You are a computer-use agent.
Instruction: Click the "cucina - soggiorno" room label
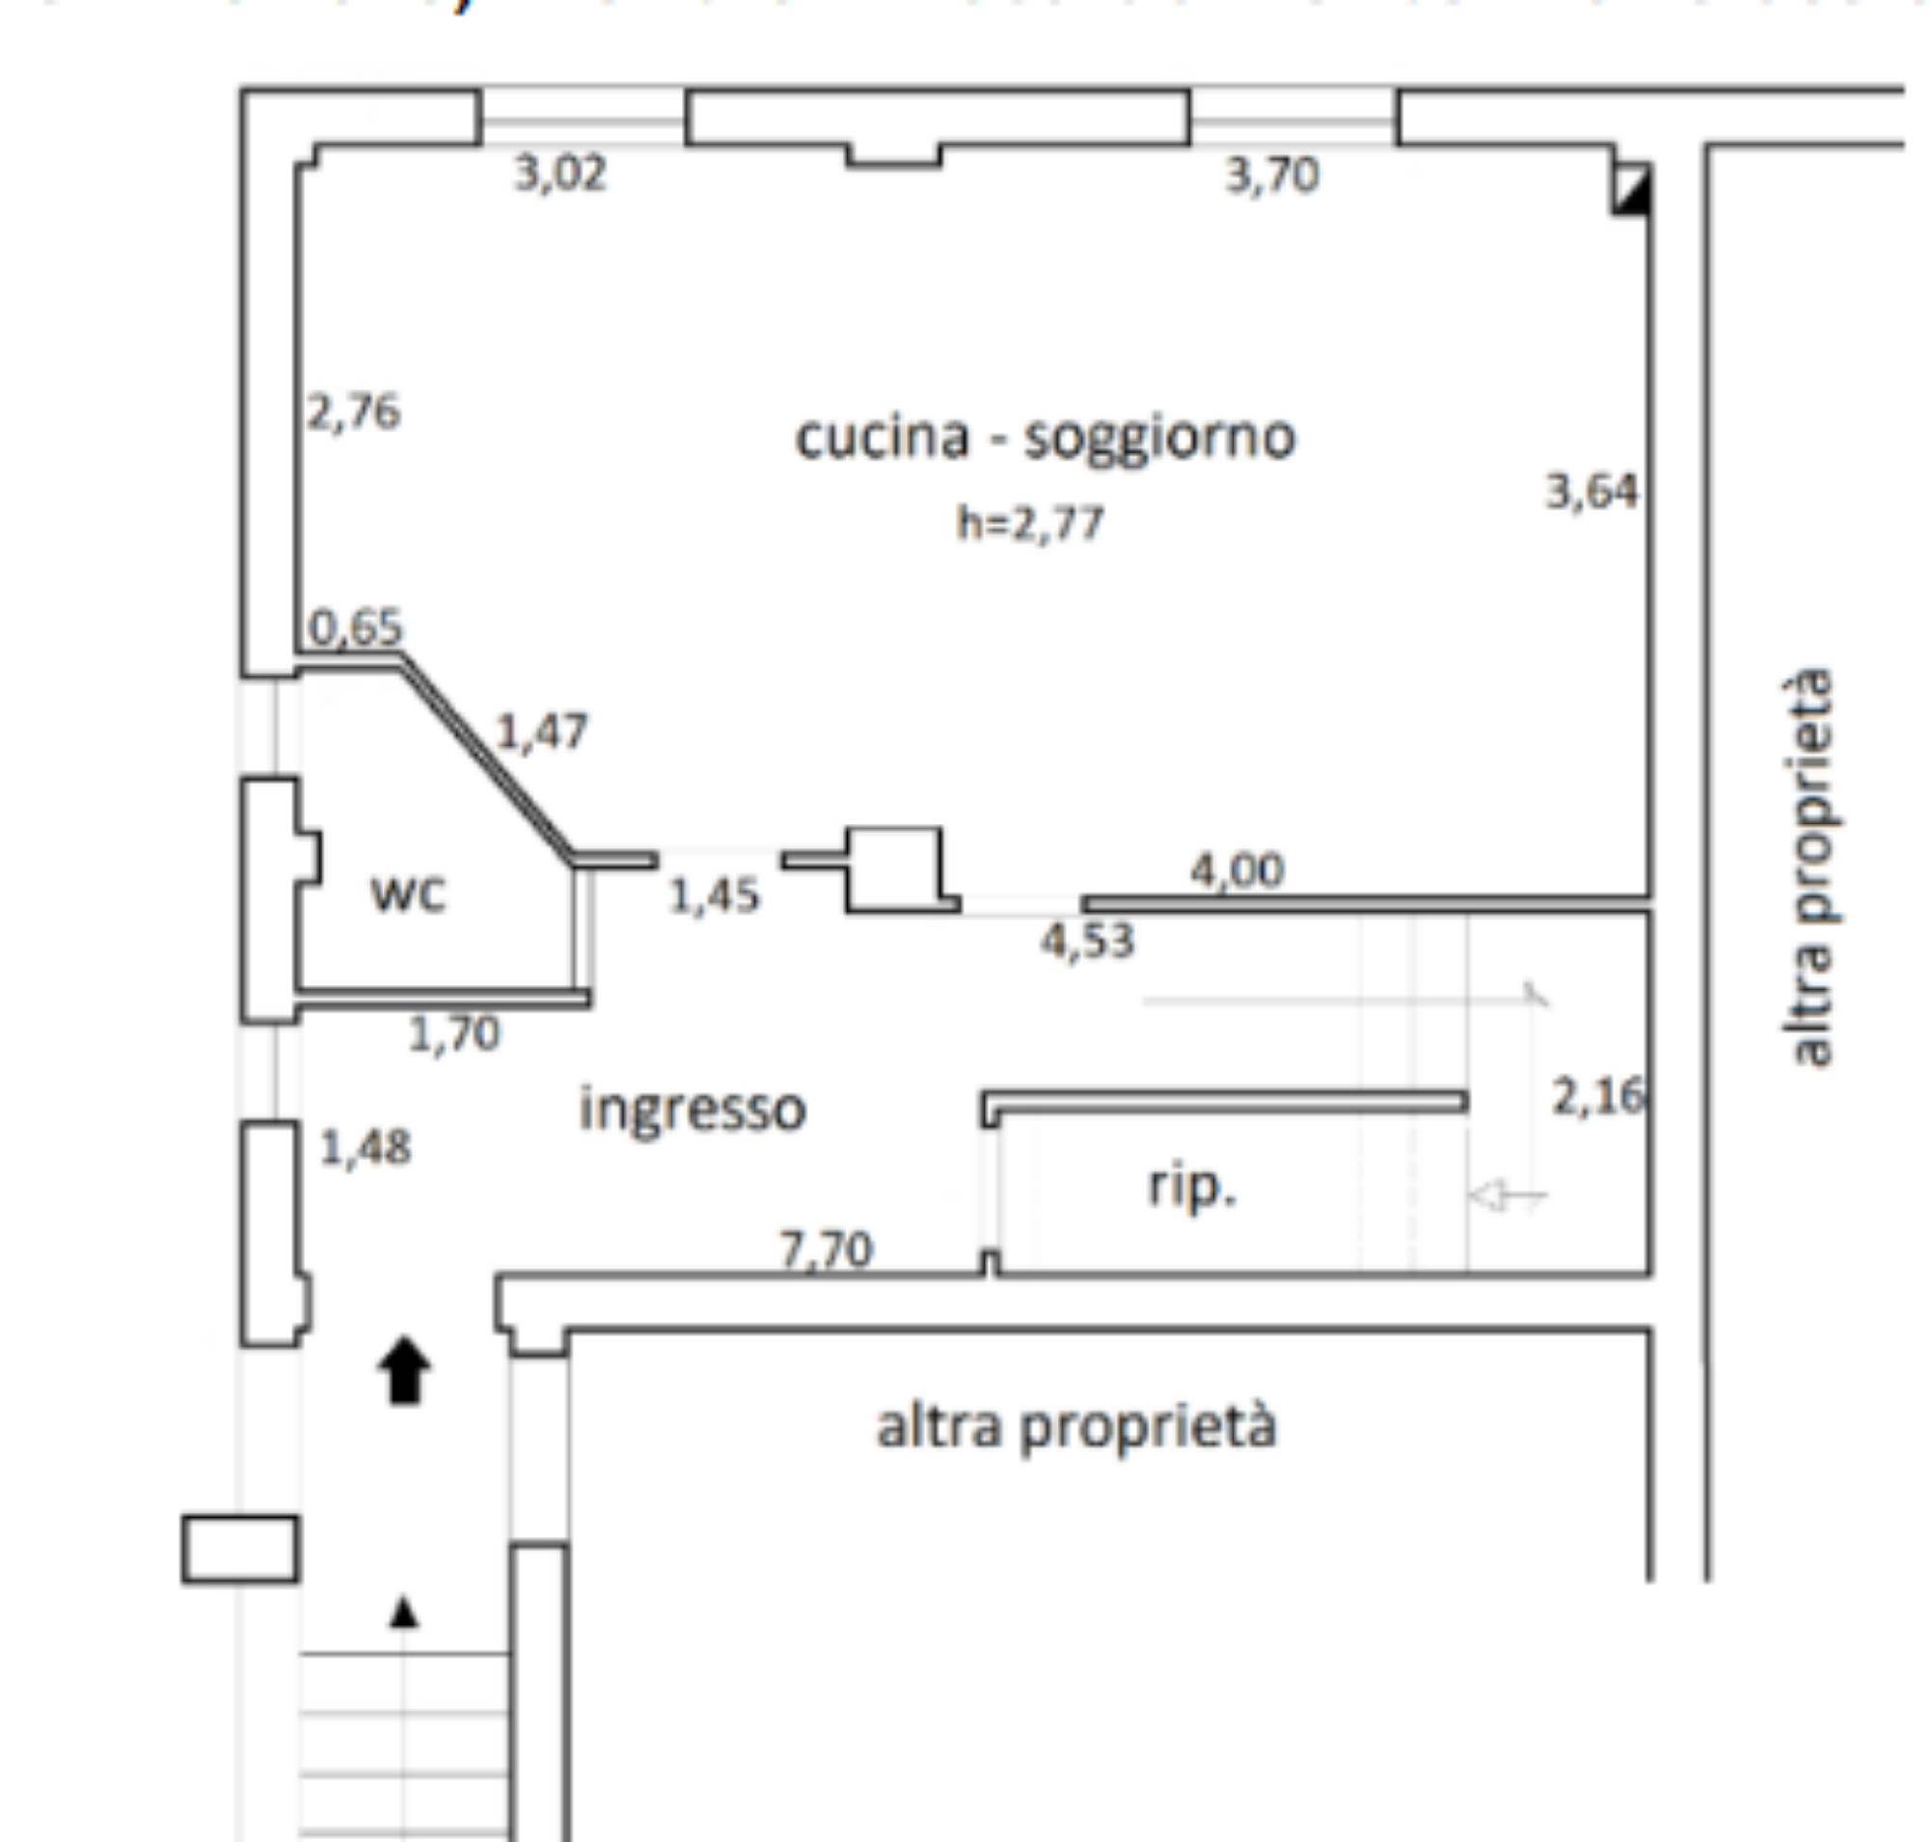(1045, 437)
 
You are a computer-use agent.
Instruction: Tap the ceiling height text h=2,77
(1030, 523)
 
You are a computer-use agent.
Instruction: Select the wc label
(407, 894)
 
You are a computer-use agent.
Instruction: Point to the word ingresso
(693, 1109)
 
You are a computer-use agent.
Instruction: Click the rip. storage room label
(1192, 1188)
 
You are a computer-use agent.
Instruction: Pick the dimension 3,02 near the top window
(560, 175)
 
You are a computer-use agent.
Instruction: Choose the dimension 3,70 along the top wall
(1272, 177)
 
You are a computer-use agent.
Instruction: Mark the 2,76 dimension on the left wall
(353, 412)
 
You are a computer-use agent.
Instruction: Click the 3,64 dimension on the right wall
(1592, 491)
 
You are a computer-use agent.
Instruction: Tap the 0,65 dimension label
(355, 627)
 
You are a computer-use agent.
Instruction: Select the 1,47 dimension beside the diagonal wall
(542, 731)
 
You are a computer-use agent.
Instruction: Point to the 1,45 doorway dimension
(714, 895)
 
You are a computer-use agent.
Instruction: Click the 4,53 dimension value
(1088, 941)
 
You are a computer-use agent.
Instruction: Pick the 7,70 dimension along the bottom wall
(826, 1250)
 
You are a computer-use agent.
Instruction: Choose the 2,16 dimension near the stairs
(1597, 1096)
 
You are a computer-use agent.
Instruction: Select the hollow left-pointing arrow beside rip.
(1507, 1196)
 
